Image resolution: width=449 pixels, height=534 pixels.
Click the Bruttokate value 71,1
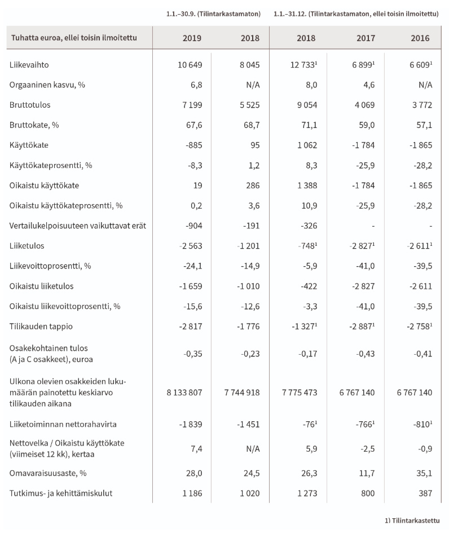(x=310, y=125)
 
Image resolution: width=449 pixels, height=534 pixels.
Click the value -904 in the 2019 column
(x=192, y=226)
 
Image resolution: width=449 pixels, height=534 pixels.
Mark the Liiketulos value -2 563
(x=188, y=246)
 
